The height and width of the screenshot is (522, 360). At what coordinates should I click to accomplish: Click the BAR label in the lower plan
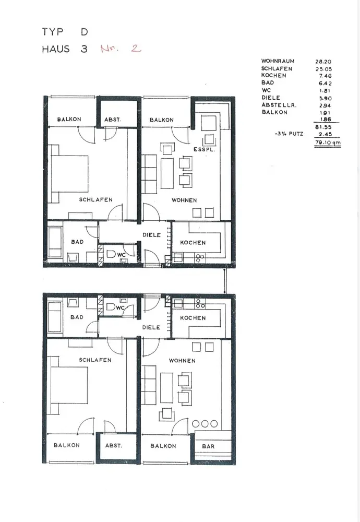(x=208, y=446)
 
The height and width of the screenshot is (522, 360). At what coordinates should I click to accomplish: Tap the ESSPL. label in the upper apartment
(x=205, y=149)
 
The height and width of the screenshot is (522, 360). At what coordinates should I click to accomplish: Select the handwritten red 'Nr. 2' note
(x=121, y=49)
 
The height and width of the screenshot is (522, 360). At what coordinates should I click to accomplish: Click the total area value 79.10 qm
(x=328, y=143)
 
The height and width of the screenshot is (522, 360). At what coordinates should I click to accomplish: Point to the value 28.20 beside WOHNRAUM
(x=323, y=62)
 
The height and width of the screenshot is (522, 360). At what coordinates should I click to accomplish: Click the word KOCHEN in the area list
(x=273, y=76)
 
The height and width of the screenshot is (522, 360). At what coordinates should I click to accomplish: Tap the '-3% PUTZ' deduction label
(x=289, y=134)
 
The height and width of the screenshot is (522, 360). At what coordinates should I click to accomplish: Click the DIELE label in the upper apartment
(x=152, y=235)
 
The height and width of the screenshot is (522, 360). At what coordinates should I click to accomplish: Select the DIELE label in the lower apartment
(x=151, y=327)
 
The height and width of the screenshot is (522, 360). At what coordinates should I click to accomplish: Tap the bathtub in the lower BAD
(x=55, y=317)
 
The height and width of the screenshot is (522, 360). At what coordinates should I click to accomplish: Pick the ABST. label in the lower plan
(x=113, y=445)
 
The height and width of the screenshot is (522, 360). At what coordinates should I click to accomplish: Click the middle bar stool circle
(x=205, y=423)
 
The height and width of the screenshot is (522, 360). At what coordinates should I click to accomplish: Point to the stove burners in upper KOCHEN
(x=200, y=258)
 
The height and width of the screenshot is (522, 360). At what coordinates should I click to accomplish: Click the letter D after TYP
(x=84, y=32)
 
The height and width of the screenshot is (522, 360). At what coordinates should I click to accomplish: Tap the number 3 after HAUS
(x=84, y=49)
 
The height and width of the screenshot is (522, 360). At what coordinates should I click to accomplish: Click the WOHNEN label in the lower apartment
(x=182, y=361)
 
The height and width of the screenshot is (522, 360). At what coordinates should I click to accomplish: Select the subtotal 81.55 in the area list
(x=323, y=127)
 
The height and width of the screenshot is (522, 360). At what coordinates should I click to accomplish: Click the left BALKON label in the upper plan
(x=69, y=119)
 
